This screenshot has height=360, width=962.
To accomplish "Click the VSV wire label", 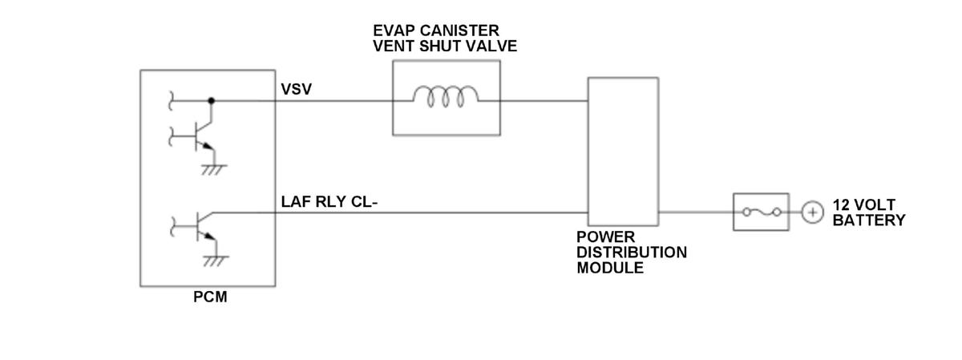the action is [297, 89].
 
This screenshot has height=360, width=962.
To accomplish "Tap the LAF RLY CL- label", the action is [329, 201].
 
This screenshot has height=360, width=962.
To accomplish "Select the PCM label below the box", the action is [210, 297].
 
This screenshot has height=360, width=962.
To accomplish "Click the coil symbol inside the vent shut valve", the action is [446, 96].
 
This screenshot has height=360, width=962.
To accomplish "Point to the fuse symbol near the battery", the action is [762, 212].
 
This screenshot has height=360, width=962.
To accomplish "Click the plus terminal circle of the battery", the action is [812, 212].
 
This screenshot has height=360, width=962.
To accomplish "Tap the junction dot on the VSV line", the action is [212, 101].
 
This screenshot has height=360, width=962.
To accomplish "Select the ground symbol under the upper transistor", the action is [214, 170].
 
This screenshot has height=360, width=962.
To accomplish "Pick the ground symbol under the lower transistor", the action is [216, 261].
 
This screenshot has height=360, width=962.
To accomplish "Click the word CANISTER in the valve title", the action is [459, 30].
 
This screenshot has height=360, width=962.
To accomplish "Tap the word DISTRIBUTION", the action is [632, 253].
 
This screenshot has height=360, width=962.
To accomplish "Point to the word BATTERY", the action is [869, 220].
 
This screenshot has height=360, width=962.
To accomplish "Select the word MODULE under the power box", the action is [610, 268].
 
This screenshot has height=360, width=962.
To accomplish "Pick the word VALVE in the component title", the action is [491, 46].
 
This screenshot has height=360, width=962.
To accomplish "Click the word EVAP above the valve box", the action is [394, 30].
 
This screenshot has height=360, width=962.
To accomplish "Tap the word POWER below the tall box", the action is [605, 237].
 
